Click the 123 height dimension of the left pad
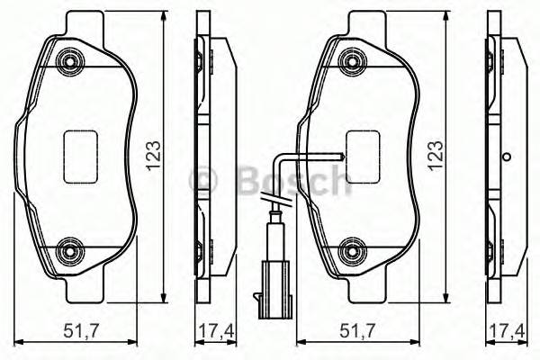click(154, 155)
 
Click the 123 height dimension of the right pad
click(439, 155)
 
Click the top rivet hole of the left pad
click(68, 61)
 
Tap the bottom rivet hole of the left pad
click(68, 248)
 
